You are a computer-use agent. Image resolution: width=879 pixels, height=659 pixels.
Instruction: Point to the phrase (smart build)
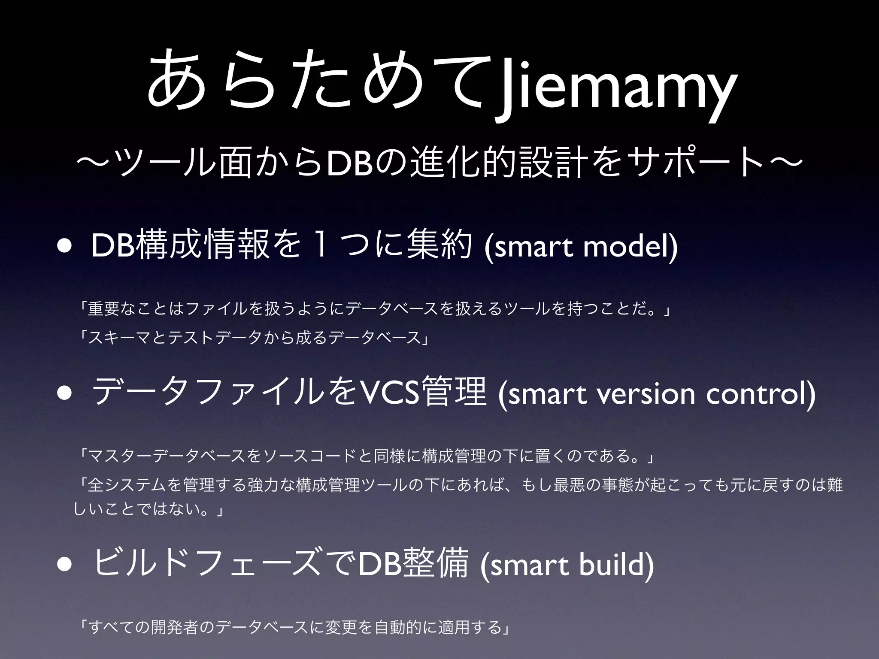[567, 565]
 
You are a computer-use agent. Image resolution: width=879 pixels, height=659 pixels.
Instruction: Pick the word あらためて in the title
[318, 82]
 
